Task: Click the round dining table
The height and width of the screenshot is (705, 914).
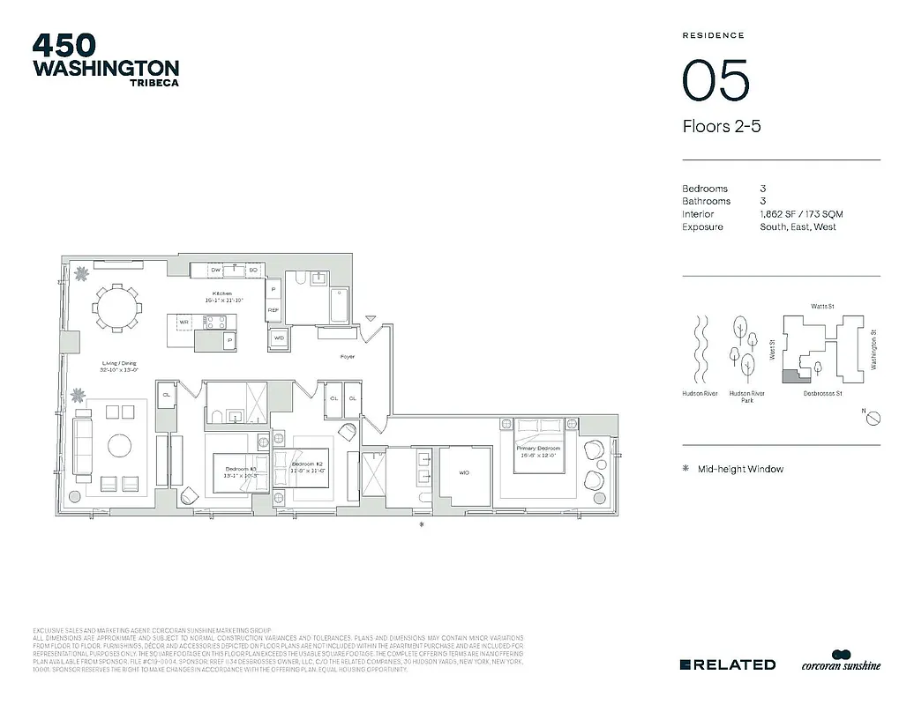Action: click(116, 308)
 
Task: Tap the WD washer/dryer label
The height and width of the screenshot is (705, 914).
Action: click(279, 338)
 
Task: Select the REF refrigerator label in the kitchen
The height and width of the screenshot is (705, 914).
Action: click(273, 310)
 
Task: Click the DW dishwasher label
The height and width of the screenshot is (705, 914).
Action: click(215, 270)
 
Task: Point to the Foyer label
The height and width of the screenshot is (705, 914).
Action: click(348, 357)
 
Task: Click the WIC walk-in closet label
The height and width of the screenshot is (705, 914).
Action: click(464, 472)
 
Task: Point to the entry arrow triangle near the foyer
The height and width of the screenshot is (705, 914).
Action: click(371, 318)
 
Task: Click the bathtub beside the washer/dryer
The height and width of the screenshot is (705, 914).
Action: click(339, 305)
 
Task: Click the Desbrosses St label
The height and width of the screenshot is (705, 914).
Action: click(822, 394)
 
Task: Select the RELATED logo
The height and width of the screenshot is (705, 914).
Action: click(728, 664)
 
